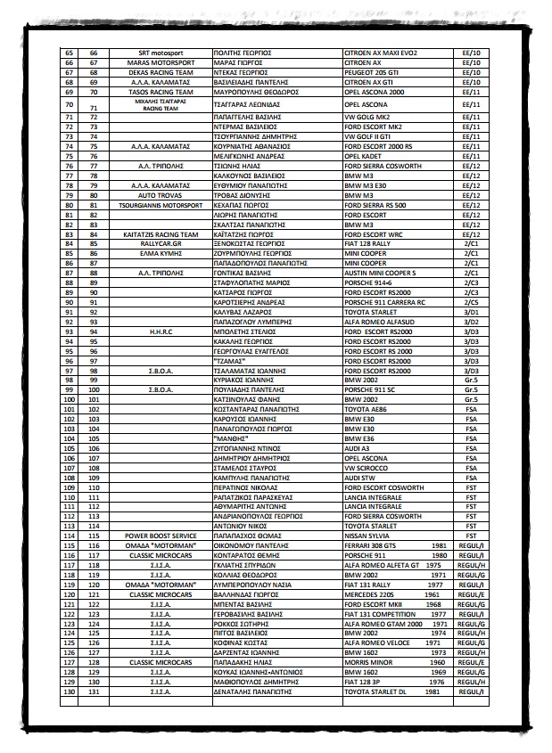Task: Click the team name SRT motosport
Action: point(160,53)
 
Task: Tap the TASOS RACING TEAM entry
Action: point(160,92)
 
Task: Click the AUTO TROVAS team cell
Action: point(160,194)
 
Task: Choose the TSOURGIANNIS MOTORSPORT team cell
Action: point(160,204)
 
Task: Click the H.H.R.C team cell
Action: point(160,331)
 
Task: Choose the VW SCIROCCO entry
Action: point(367,466)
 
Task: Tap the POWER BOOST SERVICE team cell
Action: point(160,534)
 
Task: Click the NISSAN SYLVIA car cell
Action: point(367,534)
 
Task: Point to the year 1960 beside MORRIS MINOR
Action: point(437,662)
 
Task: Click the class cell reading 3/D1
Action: point(472,312)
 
